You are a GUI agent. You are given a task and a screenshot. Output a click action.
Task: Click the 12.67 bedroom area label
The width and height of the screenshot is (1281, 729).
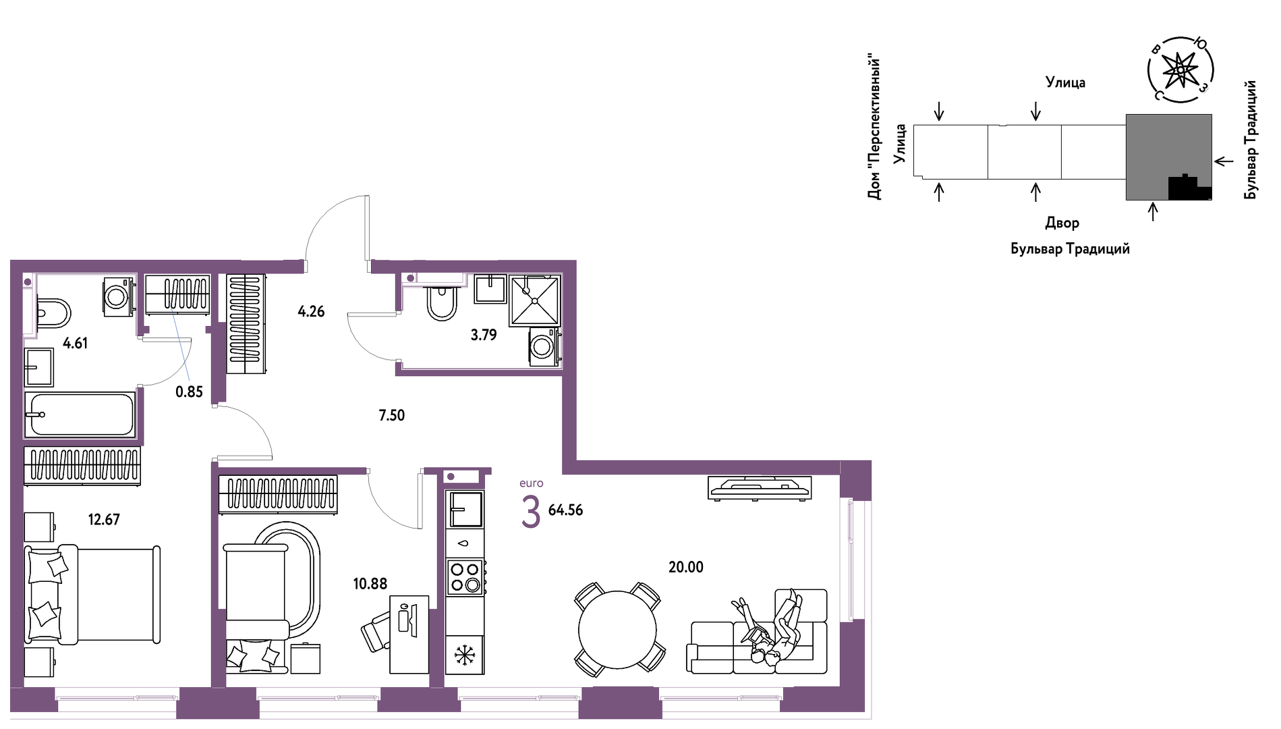(104, 520)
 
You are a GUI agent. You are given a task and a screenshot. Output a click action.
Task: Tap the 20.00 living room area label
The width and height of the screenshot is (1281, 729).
(685, 568)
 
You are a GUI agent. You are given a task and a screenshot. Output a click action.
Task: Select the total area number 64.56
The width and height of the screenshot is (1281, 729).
(565, 510)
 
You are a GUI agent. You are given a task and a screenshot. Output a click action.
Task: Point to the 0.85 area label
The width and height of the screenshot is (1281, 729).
(189, 392)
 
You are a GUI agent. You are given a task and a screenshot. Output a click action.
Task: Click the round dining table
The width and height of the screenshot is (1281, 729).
(617, 630)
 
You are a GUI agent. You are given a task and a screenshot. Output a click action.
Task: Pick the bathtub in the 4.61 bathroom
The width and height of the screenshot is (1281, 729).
(80, 414)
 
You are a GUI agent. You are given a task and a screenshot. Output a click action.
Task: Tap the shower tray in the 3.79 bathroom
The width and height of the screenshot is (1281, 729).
(534, 300)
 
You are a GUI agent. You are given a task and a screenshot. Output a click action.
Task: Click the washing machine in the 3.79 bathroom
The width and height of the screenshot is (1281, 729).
(544, 347)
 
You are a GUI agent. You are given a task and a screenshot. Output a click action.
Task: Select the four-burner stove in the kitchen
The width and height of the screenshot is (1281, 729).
(465, 577)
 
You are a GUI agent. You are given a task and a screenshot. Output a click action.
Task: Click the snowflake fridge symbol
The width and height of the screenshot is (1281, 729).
(465, 655)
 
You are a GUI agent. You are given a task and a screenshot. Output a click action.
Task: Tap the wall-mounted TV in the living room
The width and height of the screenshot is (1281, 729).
(760, 487)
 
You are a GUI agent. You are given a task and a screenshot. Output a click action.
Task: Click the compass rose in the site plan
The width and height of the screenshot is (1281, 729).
(1180, 70)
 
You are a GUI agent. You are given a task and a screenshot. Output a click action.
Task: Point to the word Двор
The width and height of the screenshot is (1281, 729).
(1062, 223)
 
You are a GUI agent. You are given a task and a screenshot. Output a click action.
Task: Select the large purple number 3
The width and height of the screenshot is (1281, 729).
(531, 512)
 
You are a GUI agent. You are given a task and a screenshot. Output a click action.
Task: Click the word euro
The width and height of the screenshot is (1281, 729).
(532, 483)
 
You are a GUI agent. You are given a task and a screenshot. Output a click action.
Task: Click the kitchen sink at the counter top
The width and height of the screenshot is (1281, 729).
(465, 509)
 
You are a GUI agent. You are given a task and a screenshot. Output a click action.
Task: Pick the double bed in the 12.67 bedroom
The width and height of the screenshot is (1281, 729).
(92, 595)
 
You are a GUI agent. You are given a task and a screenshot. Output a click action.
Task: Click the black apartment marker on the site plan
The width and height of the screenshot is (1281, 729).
(1190, 188)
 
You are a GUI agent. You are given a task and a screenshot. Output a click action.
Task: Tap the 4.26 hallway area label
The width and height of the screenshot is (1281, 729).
(311, 312)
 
